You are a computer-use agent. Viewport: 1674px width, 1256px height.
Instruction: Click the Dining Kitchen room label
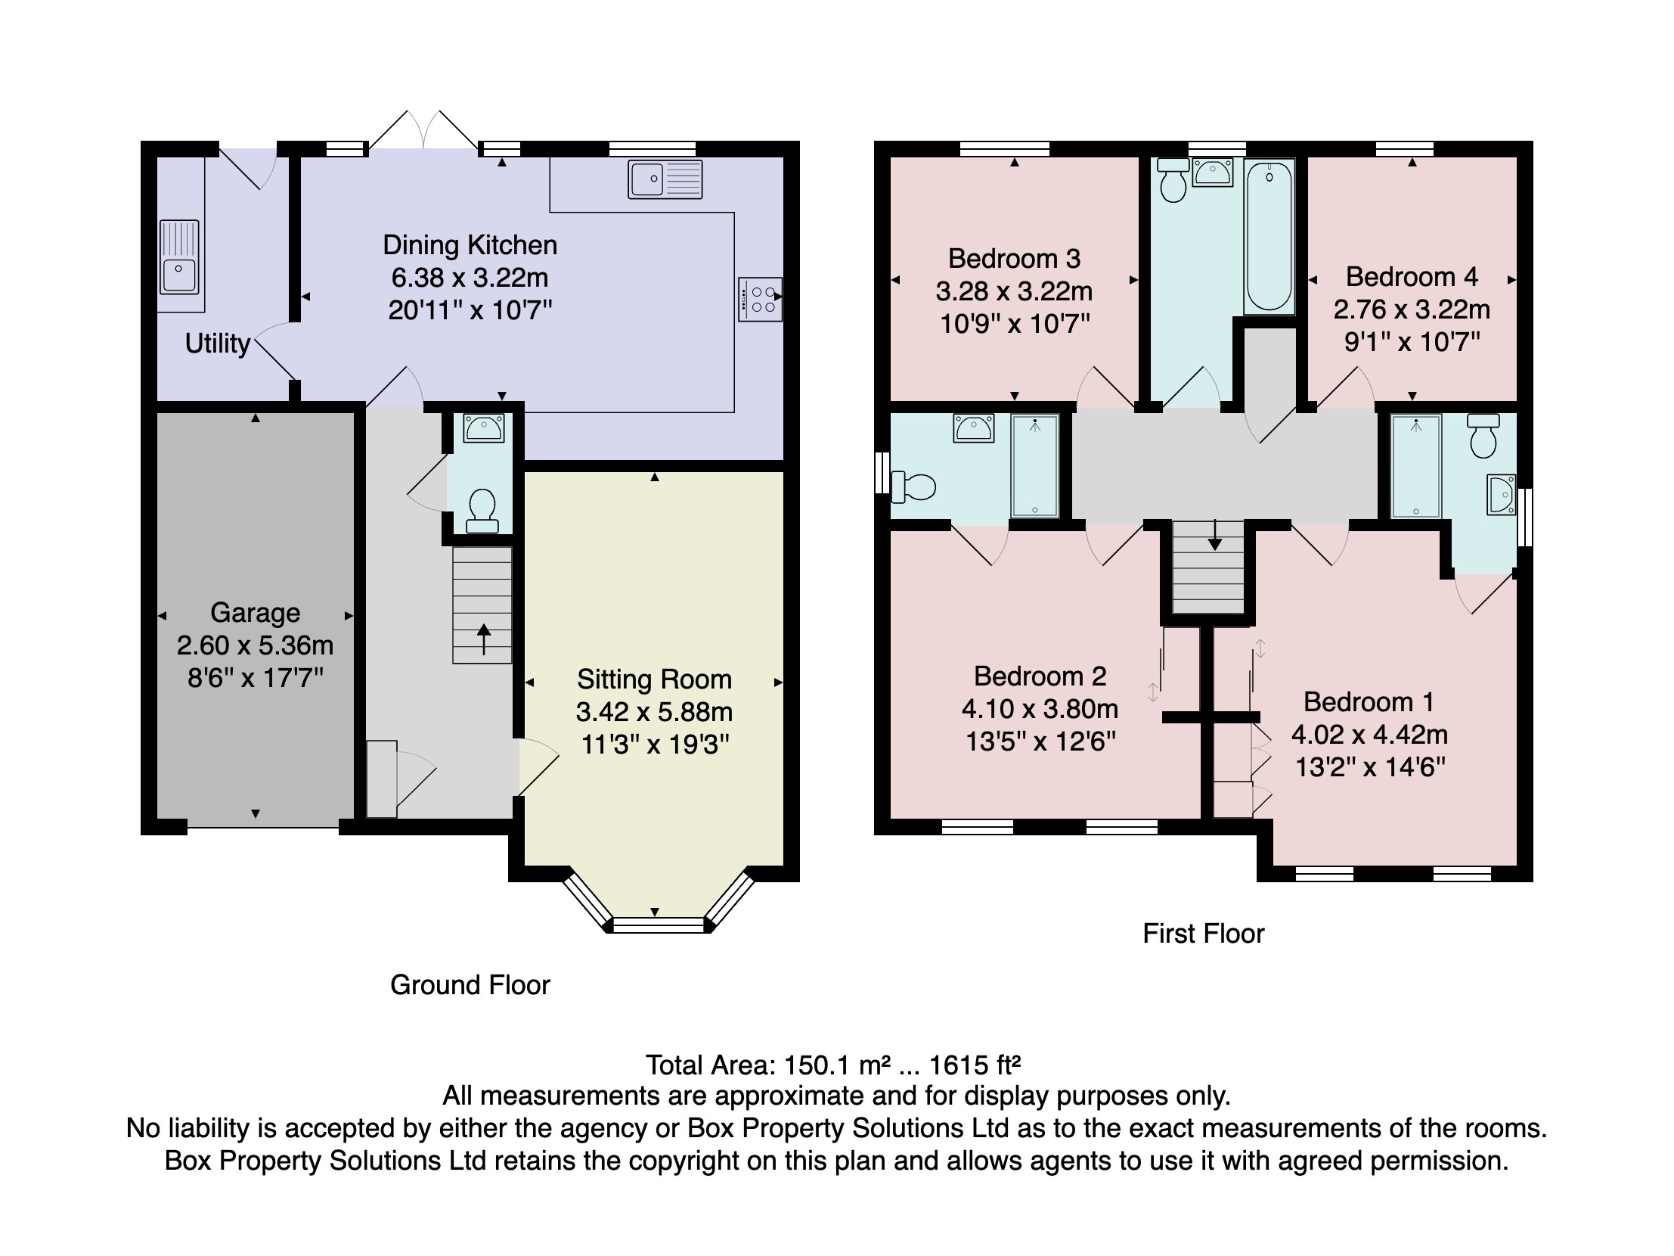(x=470, y=245)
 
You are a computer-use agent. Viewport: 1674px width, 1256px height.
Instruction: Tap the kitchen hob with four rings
(x=760, y=300)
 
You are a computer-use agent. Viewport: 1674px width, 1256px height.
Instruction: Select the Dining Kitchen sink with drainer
(x=665, y=180)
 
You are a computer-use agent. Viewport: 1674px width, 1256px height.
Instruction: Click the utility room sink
(x=179, y=257)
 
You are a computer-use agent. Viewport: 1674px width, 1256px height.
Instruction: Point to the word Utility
(x=217, y=344)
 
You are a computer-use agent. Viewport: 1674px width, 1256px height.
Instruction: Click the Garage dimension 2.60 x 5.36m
(x=255, y=645)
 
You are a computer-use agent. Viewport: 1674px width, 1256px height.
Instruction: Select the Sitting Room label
(x=654, y=679)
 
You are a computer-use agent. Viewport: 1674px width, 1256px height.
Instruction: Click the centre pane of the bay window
(x=657, y=925)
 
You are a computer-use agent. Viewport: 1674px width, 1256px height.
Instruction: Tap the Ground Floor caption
(x=470, y=985)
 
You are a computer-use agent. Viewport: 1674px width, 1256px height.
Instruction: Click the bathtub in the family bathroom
(x=1269, y=237)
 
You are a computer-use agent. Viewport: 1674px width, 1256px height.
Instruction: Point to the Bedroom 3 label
(x=1013, y=259)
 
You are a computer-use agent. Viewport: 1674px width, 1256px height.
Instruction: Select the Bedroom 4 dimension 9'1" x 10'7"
(x=1412, y=342)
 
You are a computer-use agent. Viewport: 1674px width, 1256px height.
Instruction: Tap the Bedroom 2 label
(x=1040, y=676)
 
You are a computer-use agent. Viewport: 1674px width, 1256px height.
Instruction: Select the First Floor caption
(x=1203, y=934)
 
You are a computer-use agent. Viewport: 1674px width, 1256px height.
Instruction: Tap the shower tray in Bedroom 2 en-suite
(x=1034, y=465)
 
